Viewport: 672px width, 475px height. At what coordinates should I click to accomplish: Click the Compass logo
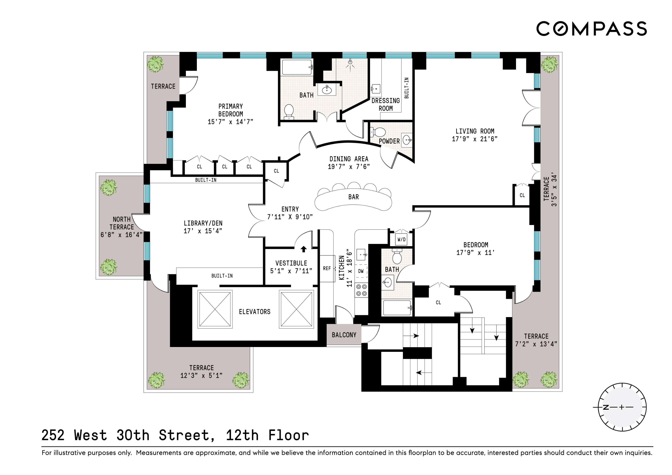pyautogui.click(x=591, y=29)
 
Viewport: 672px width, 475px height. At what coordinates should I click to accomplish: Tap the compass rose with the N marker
pyautogui.click(x=622, y=407)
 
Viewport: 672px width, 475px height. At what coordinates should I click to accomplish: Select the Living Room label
pyautogui.click(x=474, y=131)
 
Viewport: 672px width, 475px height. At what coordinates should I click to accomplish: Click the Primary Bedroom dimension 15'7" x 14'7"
pyautogui.click(x=230, y=122)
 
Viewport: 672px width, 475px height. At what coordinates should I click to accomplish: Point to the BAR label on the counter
pyautogui.click(x=353, y=197)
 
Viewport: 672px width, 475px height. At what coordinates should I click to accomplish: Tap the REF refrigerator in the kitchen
pyautogui.click(x=327, y=268)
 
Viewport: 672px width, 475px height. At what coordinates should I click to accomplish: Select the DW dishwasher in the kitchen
pyautogui.click(x=361, y=271)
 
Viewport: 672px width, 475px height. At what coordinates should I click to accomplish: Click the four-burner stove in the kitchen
pyautogui.click(x=361, y=290)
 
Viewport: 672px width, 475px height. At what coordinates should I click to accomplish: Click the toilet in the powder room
pyautogui.click(x=379, y=132)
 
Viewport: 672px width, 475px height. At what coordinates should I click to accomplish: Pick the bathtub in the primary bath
pyautogui.click(x=297, y=68)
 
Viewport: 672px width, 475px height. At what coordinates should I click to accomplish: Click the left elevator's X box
pyautogui.click(x=215, y=309)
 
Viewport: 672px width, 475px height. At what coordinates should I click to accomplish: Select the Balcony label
pyautogui.click(x=344, y=335)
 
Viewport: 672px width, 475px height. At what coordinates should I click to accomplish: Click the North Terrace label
pyautogui.click(x=121, y=223)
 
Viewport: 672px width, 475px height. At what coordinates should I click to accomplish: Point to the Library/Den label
pyautogui.click(x=203, y=223)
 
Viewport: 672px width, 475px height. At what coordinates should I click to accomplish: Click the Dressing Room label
pyautogui.click(x=385, y=104)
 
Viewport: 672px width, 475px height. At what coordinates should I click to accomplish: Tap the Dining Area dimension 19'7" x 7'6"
pyautogui.click(x=349, y=166)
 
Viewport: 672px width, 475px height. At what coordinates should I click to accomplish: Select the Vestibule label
pyautogui.click(x=291, y=263)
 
